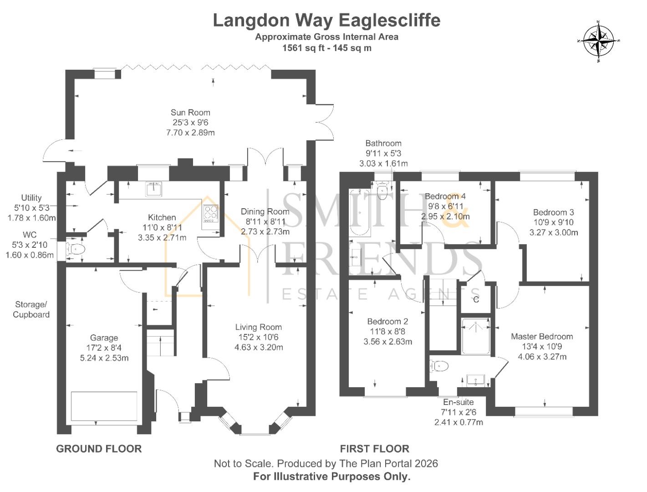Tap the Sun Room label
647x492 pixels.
pyautogui.click(x=190, y=113)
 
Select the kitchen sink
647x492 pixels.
pyautogui.click(x=154, y=188)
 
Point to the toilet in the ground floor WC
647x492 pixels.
pyautogui.click(x=76, y=249)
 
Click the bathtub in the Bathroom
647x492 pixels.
pyautogui.click(x=360, y=213)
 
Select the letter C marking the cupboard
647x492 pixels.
pyautogui.click(x=476, y=299)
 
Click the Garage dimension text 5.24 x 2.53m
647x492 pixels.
pyautogui.click(x=104, y=358)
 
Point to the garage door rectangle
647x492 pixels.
pyautogui.click(x=104, y=406)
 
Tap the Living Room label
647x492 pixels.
pyautogui.click(x=258, y=327)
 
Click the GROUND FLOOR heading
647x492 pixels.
pyautogui.click(x=99, y=449)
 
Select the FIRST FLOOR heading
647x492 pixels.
pyautogui.click(x=374, y=449)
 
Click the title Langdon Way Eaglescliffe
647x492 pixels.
pyautogui.click(x=326, y=20)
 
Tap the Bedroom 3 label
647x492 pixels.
pyautogui.click(x=553, y=212)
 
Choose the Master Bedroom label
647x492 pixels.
pyautogui.click(x=542, y=337)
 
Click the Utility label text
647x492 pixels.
pyautogui.click(x=31, y=198)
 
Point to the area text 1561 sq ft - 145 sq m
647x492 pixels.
pyautogui.click(x=326, y=48)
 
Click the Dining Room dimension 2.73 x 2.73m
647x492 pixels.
pyautogui.click(x=265, y=231)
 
